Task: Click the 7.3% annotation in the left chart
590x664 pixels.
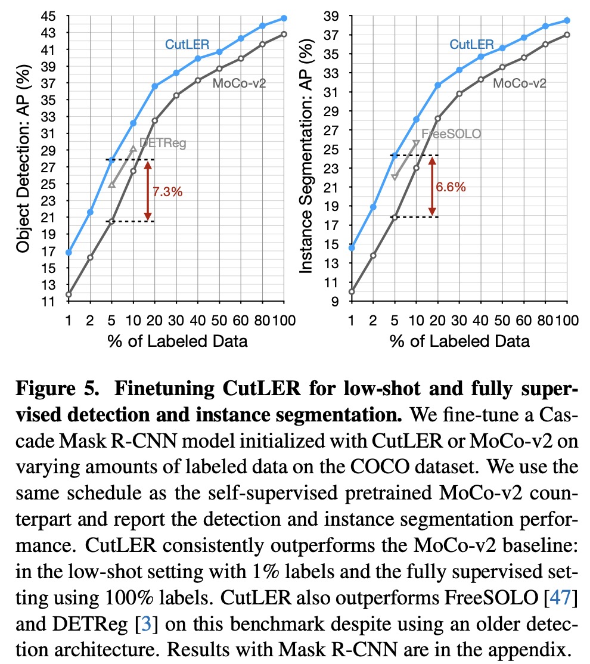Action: (x=167, y=192)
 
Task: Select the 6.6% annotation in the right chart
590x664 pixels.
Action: (x=451, y=187)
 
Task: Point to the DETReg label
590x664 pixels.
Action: (x=163, y=143)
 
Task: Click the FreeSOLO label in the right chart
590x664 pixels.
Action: (x=451, y=134)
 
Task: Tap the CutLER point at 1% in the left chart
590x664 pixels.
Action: (x=69, y=252)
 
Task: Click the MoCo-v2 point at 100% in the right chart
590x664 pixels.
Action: (x=567, y=35)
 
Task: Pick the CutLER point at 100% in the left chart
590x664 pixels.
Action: (x=284, y=18)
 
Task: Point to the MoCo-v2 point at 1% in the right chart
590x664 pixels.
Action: (x=352, y=291)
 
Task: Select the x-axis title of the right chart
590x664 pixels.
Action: (x=459, y=342)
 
